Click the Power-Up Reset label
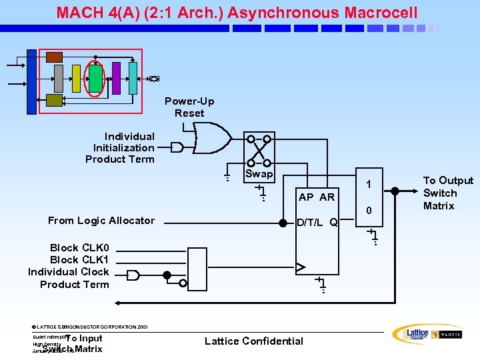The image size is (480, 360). [189, 107]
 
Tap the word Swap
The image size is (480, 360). [259, 174]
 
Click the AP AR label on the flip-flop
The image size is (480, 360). [317, 197]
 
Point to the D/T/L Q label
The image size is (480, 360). [317, 221]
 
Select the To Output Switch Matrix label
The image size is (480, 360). [448, 193]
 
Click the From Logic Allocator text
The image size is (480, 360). [101, 221]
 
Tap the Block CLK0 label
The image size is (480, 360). [79, 248]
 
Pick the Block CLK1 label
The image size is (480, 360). [79, 260]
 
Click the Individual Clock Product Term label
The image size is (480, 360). [69, 278]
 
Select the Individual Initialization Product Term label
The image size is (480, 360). [120, 147]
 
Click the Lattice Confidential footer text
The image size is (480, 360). [253, 341]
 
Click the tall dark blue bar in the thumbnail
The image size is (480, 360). [31, 82]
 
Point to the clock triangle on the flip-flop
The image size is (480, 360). [301, 267]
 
